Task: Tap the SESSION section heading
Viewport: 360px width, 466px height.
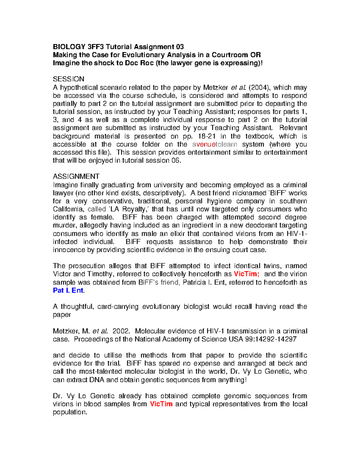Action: (68, 79)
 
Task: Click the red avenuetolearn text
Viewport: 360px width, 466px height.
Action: (214, 144)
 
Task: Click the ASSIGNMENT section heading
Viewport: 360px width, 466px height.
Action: (76, 176)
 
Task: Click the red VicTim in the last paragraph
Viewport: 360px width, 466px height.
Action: (161, 404)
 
